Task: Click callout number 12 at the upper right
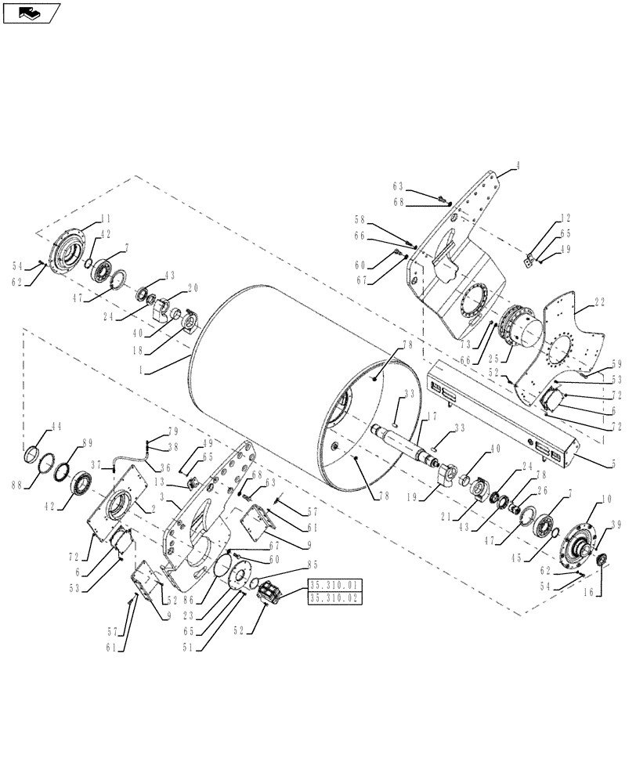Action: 565,218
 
